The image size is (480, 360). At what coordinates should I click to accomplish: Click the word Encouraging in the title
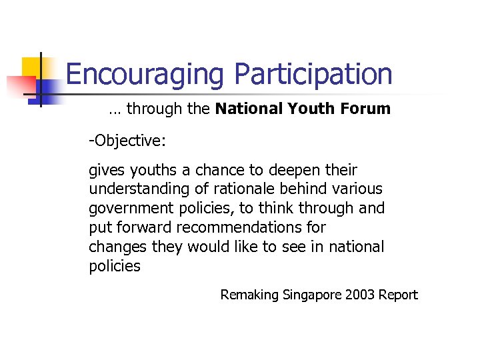point(144,75)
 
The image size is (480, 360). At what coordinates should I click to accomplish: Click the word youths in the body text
point(147,171)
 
